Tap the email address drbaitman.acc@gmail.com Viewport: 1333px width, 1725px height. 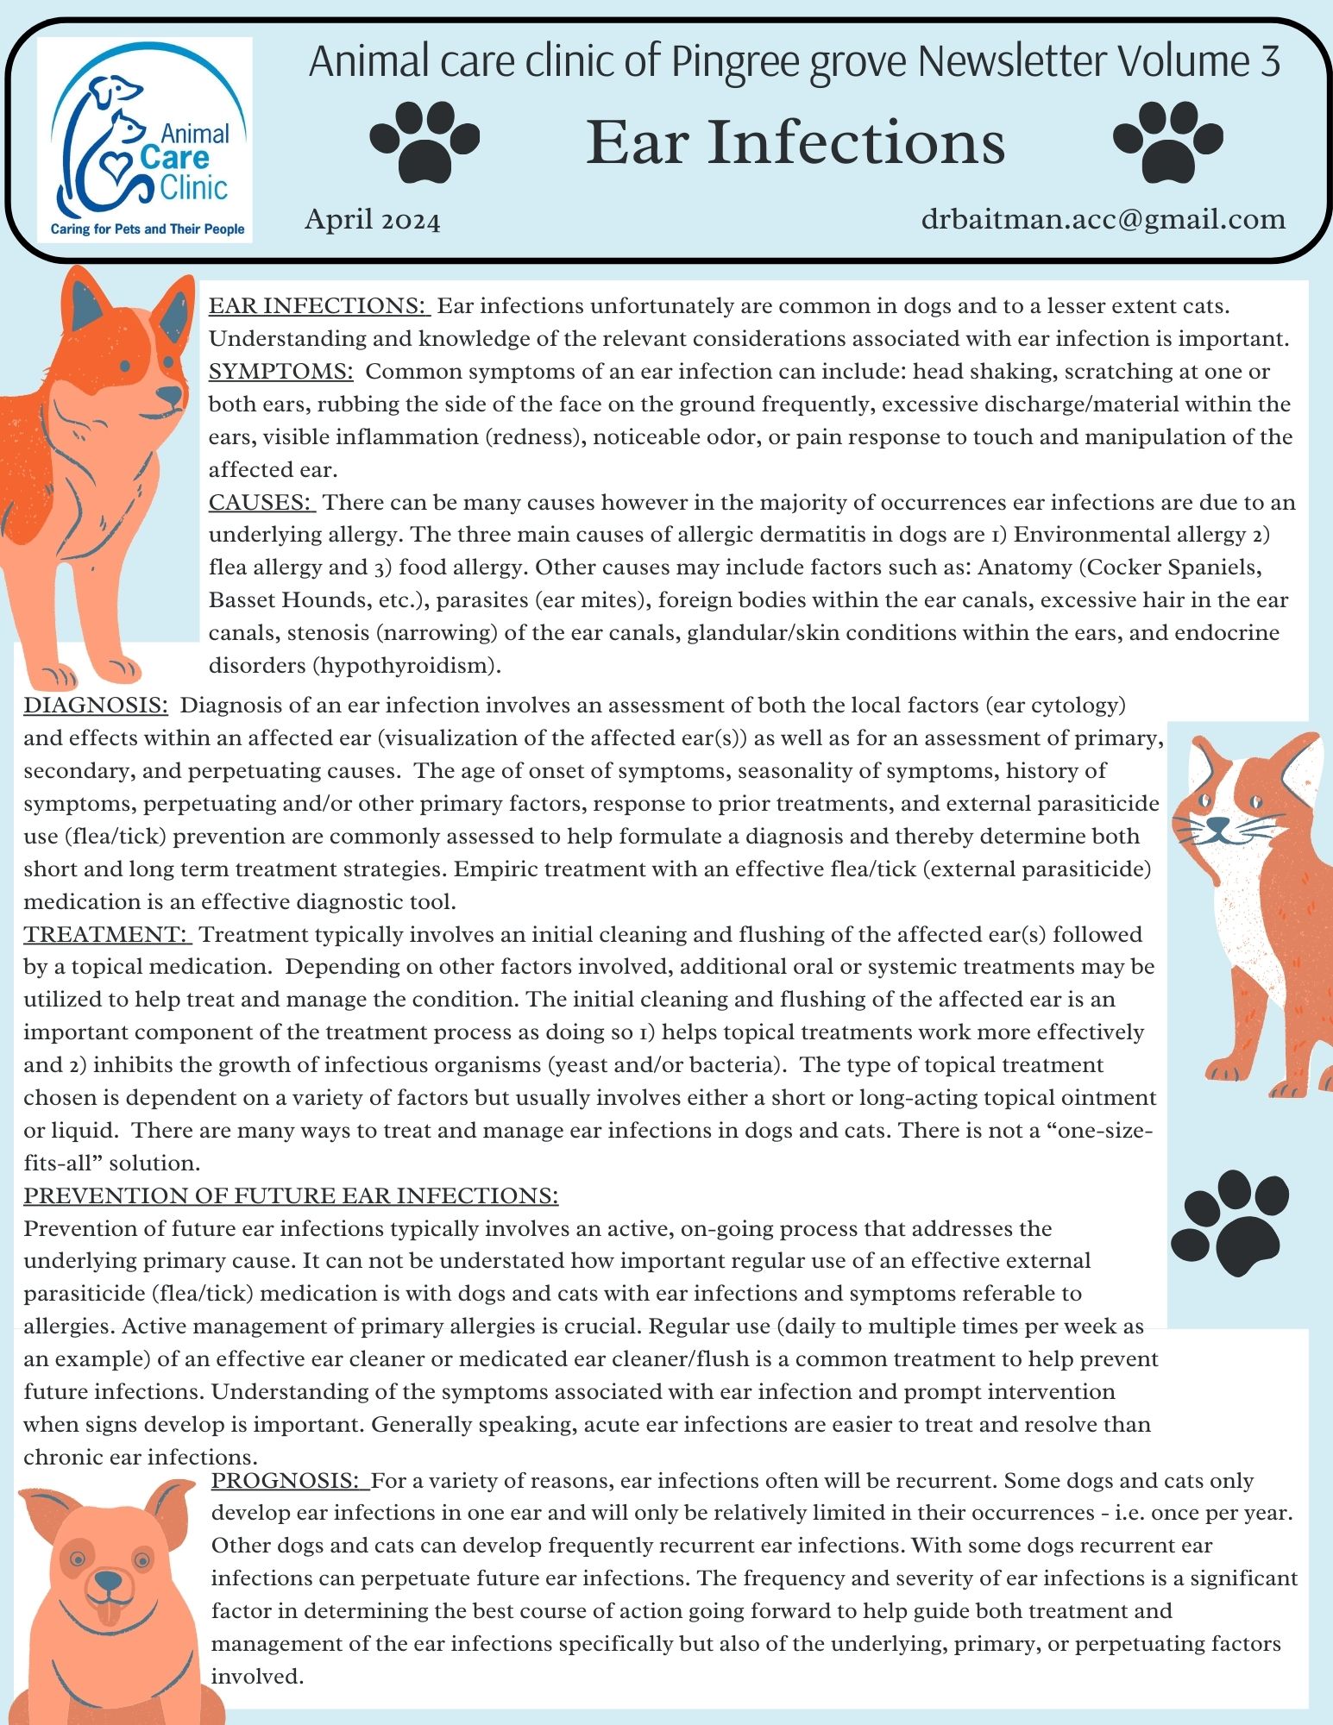(x=1103, y=219)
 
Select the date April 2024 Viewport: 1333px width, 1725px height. (x=373, y=221)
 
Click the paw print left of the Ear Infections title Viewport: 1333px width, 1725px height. (x=424, y=141)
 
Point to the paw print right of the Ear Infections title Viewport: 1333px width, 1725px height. (x=1167, y=141)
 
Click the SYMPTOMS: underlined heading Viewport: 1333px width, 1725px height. (x=281, y=372)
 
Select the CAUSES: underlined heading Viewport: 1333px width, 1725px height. (x=261, y=502)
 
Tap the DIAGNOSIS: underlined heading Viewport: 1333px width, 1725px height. (x=96, y=706)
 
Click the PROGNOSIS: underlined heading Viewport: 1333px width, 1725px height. (x=288, y=1481)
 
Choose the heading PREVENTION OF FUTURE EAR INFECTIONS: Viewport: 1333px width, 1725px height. (x=291, y=1196)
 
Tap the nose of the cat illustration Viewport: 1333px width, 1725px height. (x=1217, y=826)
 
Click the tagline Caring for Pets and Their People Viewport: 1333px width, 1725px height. (x=148, y=229)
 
